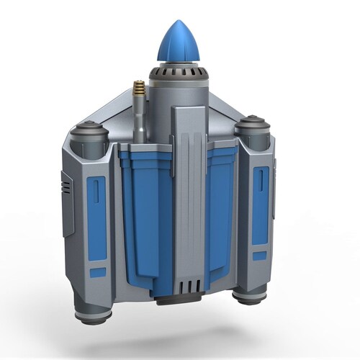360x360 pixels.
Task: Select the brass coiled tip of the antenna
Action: (138, 91)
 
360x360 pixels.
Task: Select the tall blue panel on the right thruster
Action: (260, 204)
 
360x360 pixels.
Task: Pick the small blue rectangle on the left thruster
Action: (97, 273)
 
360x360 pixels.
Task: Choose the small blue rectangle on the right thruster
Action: (259, 255)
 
